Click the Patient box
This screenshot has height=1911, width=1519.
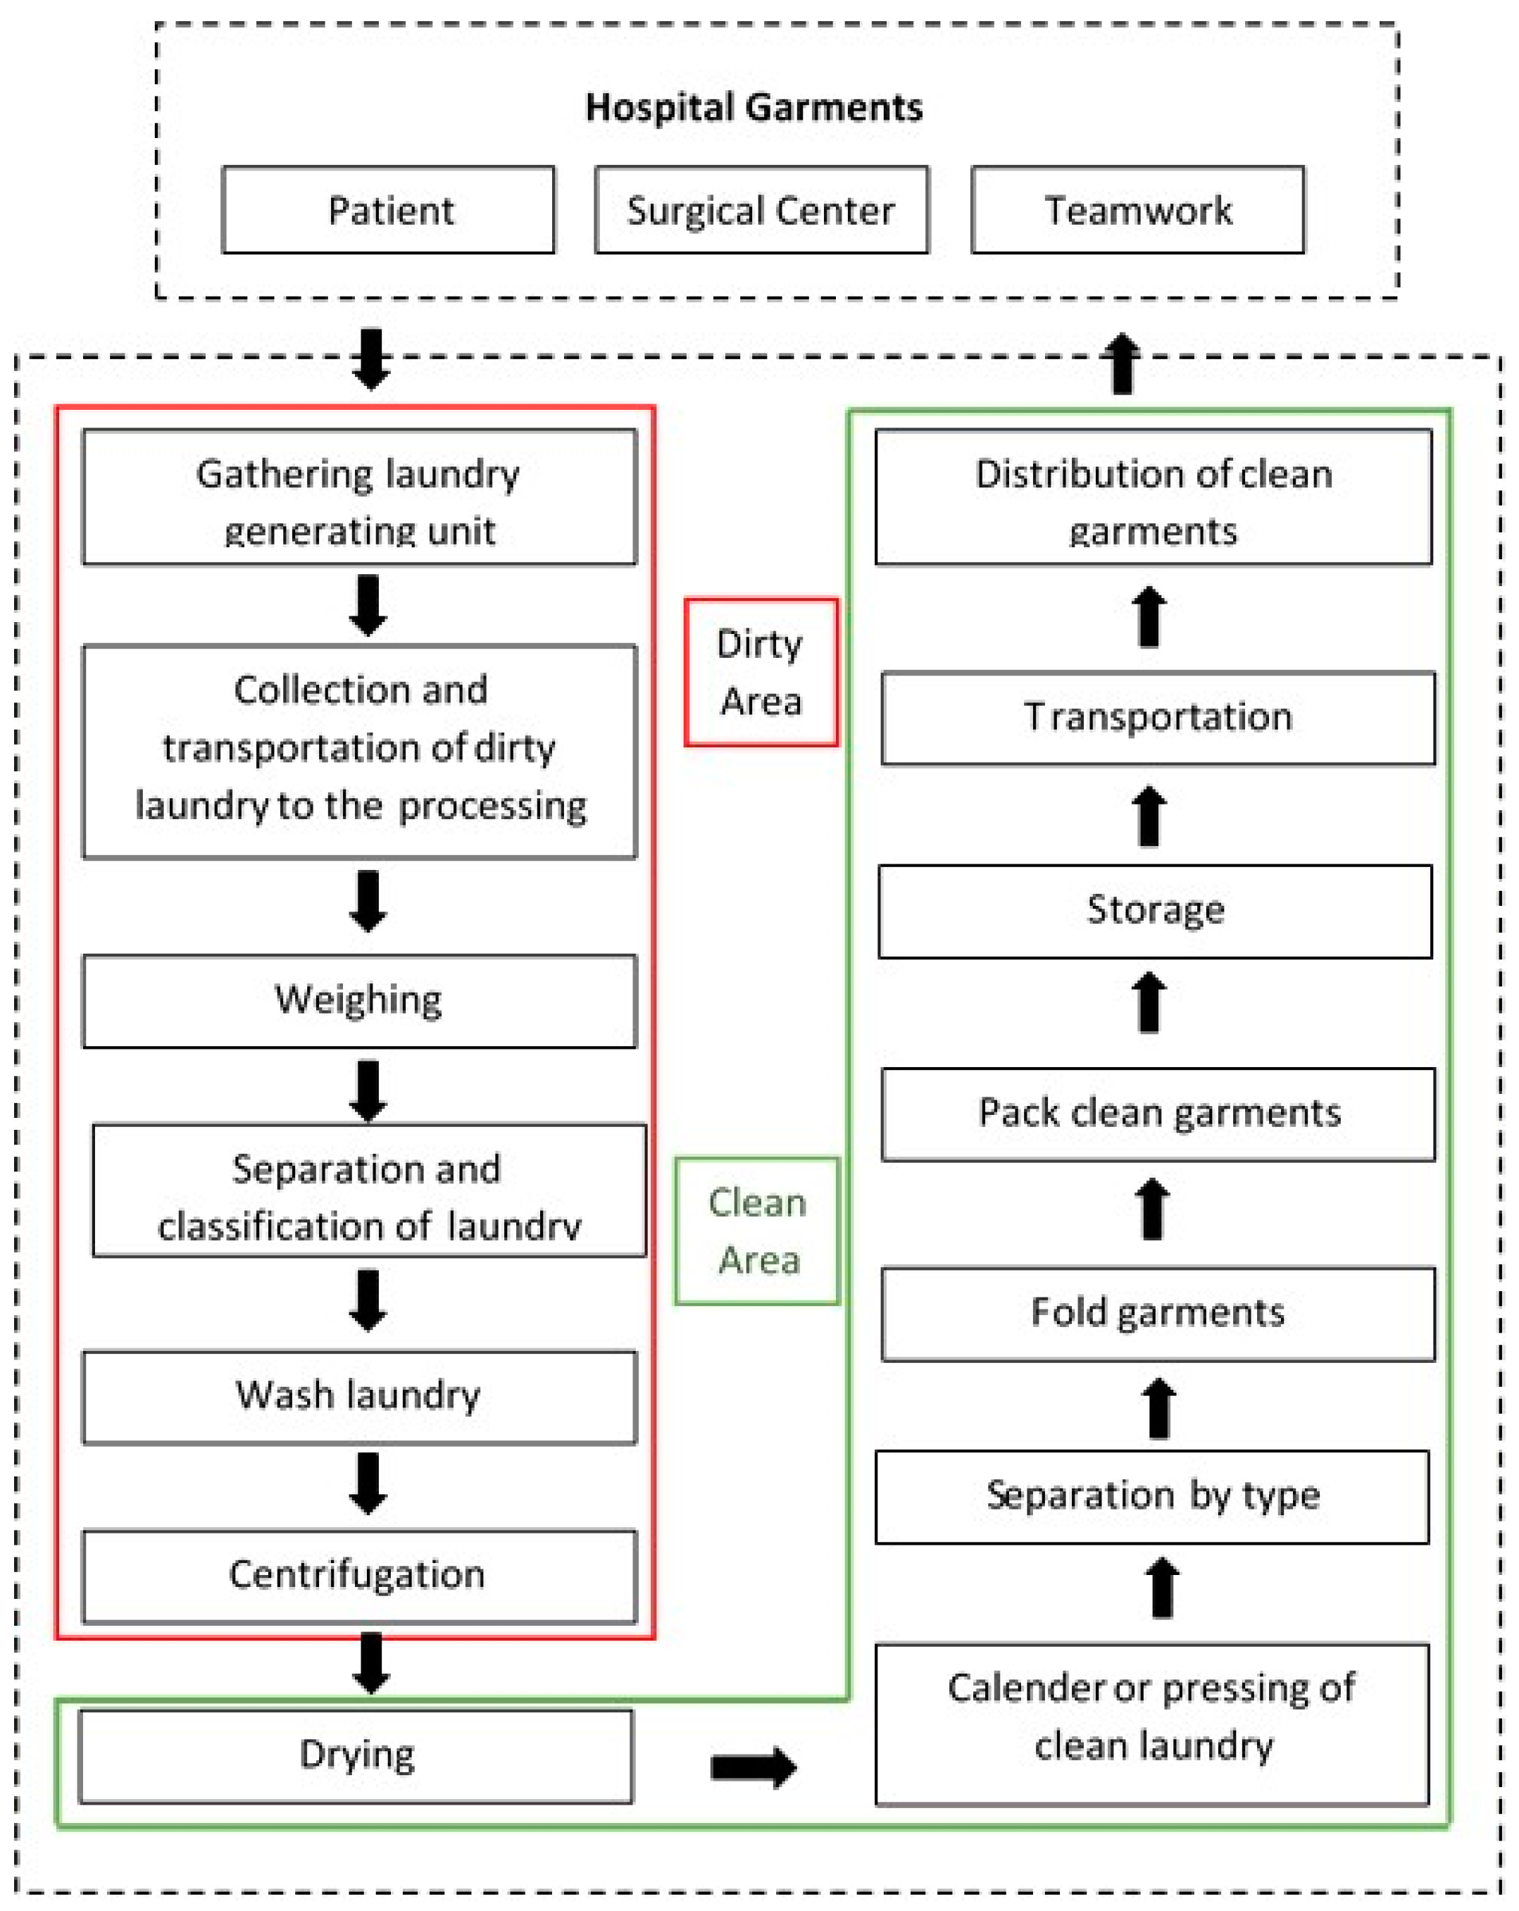click(x=388, y=210)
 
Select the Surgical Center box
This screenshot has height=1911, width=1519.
click(x=761, y=210)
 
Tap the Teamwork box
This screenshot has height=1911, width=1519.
click(x=1138, y=210)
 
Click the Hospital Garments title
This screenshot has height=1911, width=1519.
click(x=754, y=107)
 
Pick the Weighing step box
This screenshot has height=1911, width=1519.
click(x=359, y=1001)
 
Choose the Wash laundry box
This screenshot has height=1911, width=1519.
click(x=359, y=1398)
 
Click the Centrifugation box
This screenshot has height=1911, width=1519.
click(x=359, y=1577)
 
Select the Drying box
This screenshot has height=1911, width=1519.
click(x=356, y=1757)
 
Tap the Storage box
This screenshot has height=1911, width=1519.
click(x=1155, y=911)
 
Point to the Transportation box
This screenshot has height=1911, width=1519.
click(x=1158, y=718)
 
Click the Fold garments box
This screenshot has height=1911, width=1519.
click(x=1158, y=1314)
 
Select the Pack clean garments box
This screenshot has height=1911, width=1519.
click(x=1158, y=1114)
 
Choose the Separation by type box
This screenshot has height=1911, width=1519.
click(x=1152, y=1497)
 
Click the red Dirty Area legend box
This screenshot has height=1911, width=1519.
click(x=761, y=672)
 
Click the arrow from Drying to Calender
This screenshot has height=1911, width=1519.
click(x=754, y=1767)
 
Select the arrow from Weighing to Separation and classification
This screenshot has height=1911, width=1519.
click(x=368, y=1091)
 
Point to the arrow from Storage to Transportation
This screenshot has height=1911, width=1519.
click(x=1149, y=816)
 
